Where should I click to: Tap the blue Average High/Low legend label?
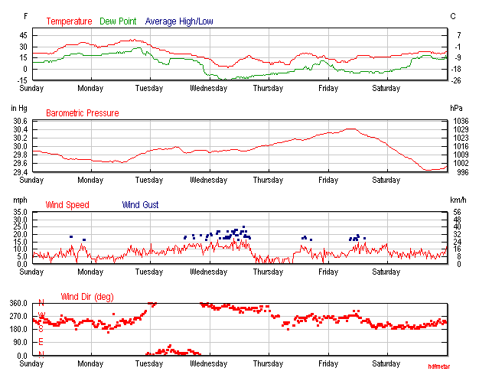click(x=179, y=21)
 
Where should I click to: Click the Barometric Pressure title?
click(x=83, y=113)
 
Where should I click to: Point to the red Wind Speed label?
click(x=67, y=205)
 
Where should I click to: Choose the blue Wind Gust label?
click(x=140, y=205)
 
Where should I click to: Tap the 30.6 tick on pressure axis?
click(x=20, y=122)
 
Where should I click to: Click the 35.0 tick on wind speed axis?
click(x=20, y=213)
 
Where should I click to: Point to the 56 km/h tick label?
click(x=458, y=213)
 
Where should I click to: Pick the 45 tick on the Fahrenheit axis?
click(x=24, y=36)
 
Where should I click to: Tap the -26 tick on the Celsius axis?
click(x=457, y=80)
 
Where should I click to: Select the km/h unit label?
click(x=458, y=200)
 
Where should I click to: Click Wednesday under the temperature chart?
click(x=208, y=89)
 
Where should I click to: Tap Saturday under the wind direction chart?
click(x=386, y=363)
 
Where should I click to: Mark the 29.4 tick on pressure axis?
click(x=20, y=171)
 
